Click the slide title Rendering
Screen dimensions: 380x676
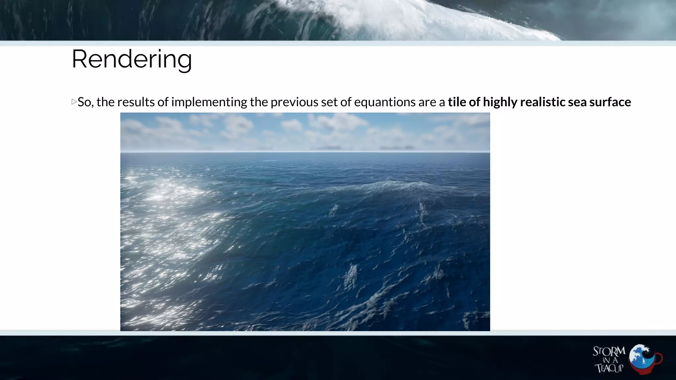point(131,59)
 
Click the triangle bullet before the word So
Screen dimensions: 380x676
point(74,102)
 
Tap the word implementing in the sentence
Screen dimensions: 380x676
point(209,102)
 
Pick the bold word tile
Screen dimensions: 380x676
point(457,102)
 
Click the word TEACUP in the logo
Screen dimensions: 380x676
point(609,368)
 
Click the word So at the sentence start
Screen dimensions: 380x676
point(84,102)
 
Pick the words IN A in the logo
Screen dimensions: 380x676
point(610,360)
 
